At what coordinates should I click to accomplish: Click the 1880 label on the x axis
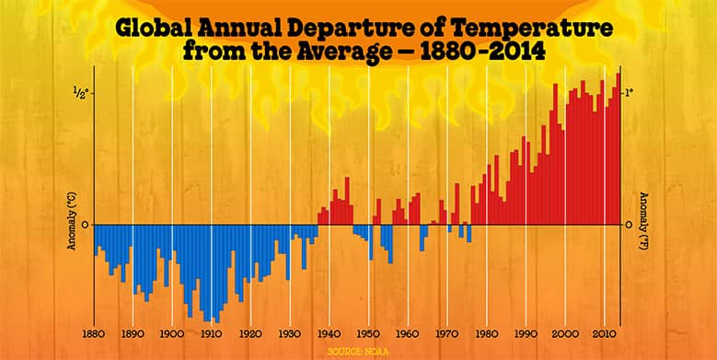[93, 332]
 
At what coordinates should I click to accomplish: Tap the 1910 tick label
[211, 332]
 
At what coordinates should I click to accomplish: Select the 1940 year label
[329, 332]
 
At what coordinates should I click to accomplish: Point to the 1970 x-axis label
[446, 332]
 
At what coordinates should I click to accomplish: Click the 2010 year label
[604, 332]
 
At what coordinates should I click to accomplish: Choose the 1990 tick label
[526, 332]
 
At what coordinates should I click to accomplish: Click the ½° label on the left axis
[80, 92]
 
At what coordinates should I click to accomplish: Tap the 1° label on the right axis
[630, 92]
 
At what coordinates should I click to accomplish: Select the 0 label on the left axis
[84, 224]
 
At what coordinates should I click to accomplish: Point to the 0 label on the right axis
[630, 224]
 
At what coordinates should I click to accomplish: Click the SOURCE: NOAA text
[358, 351]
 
